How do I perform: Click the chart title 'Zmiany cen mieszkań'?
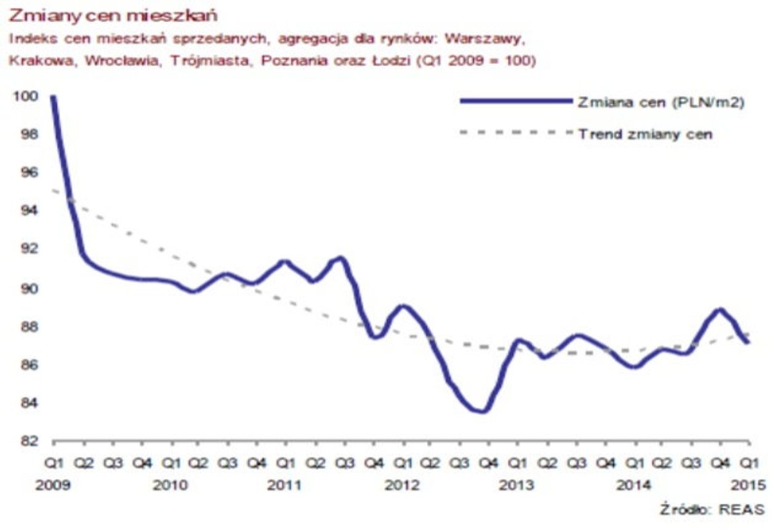coord(113,14)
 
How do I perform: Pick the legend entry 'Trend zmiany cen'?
coord(645,134)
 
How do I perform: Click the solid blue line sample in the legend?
coord(515,101)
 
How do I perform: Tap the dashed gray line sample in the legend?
coord(515,133)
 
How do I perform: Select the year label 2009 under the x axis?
coord(53,485)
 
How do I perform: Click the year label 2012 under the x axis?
coord(402,485)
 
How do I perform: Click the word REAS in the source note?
coord(743,509)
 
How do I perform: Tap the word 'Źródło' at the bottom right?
coord(684,509)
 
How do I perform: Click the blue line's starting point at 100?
coord(53,97)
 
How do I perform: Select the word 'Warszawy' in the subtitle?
coord(495,38)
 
